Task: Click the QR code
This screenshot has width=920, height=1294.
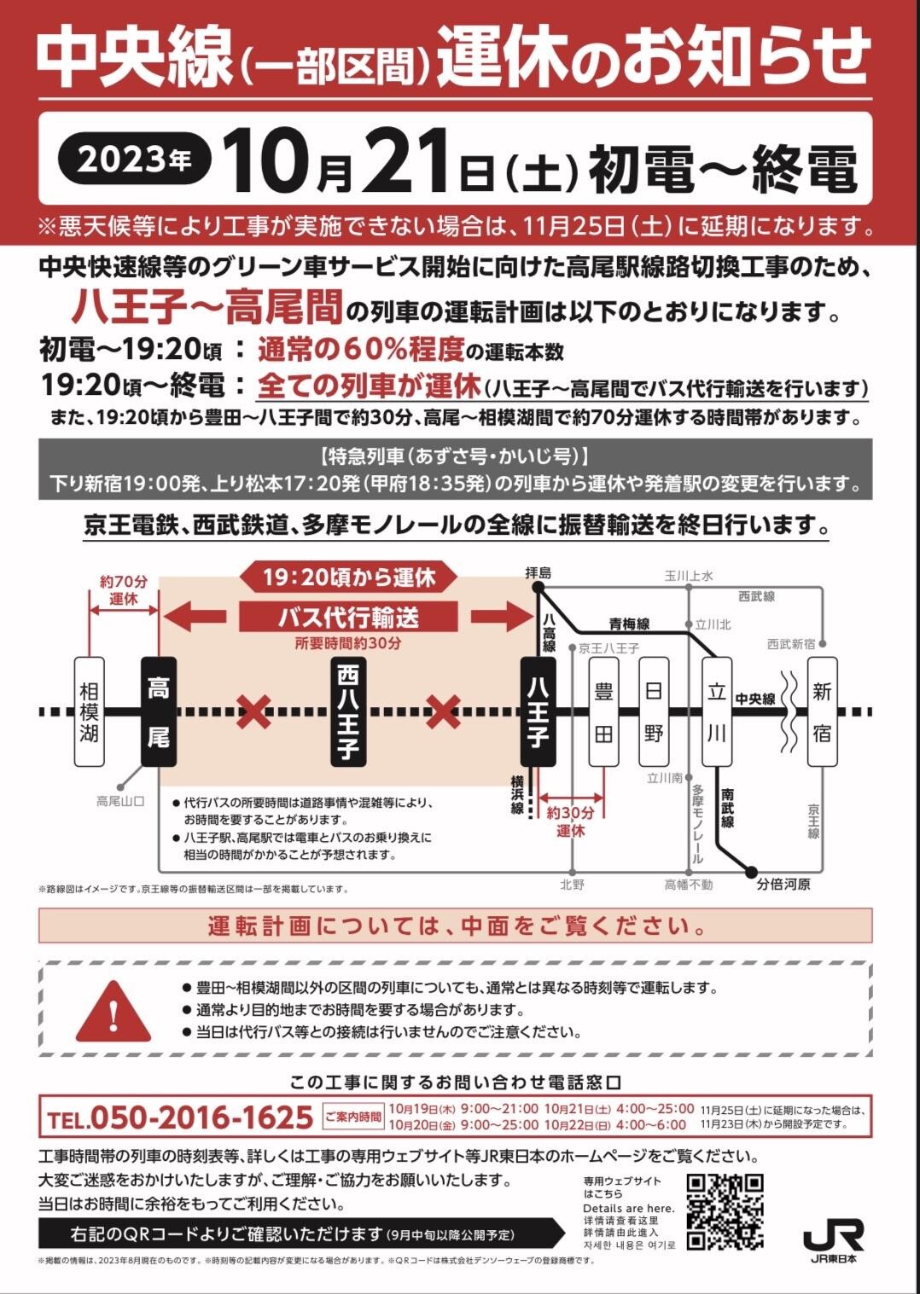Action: point(724,1211)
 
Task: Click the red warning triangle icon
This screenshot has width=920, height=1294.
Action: point(114,1011)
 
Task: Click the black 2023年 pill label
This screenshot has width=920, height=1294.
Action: point(134,159)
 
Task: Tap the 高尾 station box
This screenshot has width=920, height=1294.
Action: point(159,711)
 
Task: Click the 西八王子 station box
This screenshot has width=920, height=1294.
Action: point(347,711)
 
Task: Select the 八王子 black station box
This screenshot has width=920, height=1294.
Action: point(538,711)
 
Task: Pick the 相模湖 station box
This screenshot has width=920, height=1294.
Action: point(89,711)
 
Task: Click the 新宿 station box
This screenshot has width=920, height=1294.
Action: point(821,711)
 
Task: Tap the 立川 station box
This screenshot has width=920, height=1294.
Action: point(716,711)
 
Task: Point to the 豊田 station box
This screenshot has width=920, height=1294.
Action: point(603,711)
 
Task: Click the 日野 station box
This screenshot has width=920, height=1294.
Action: point(653,711)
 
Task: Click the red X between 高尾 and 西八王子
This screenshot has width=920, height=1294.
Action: point(253,711)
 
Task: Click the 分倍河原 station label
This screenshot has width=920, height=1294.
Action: point(783,885)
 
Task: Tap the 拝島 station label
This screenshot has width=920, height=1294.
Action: point(538,572)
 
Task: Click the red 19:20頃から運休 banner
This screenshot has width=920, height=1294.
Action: point(348,577)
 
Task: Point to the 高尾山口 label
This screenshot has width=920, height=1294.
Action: point(120,801)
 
